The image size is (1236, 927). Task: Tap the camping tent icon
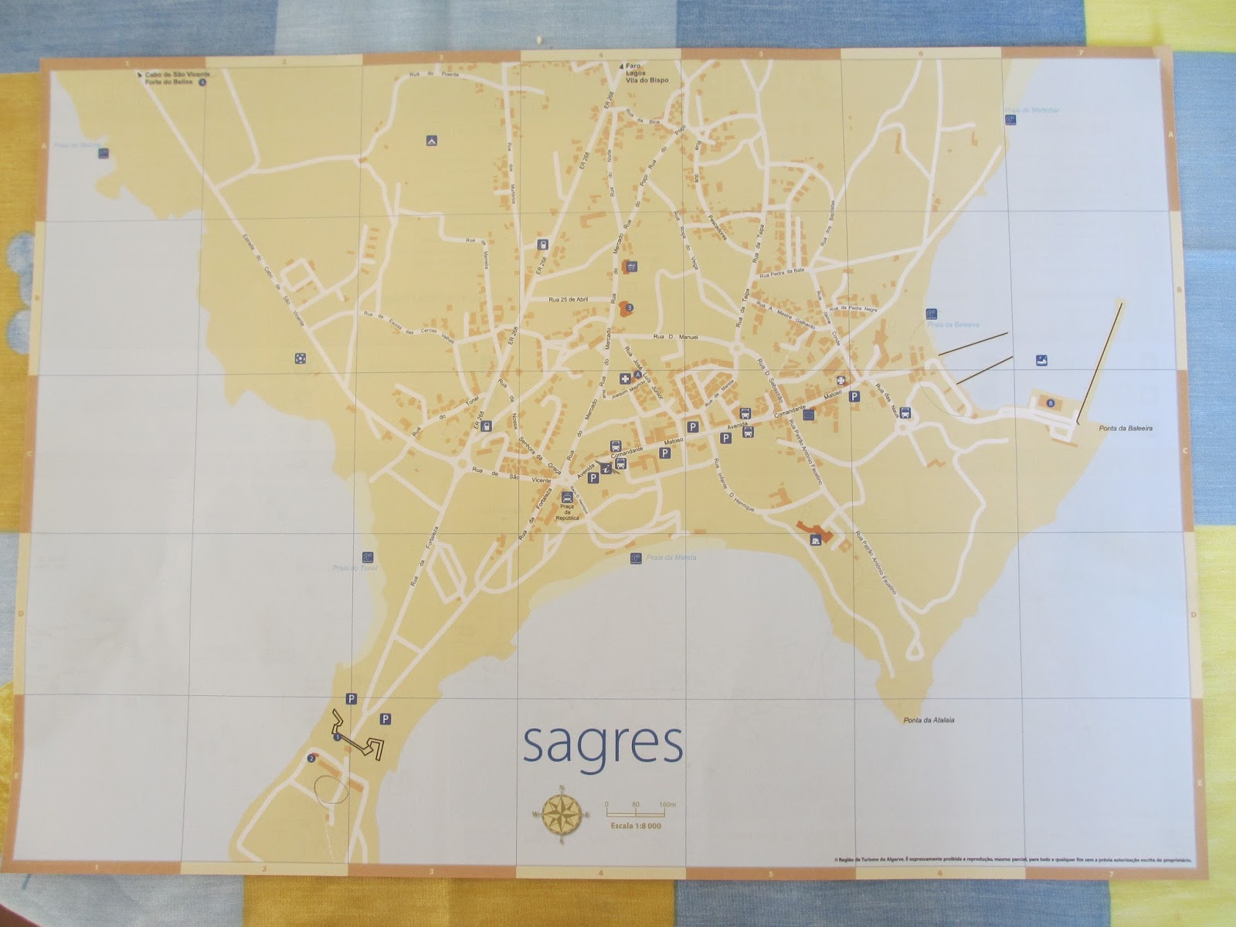[x=431, y=141]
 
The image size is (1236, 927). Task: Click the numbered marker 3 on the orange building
[x=630, y=307]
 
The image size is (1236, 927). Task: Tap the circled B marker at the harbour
[x=1050, y=403]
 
